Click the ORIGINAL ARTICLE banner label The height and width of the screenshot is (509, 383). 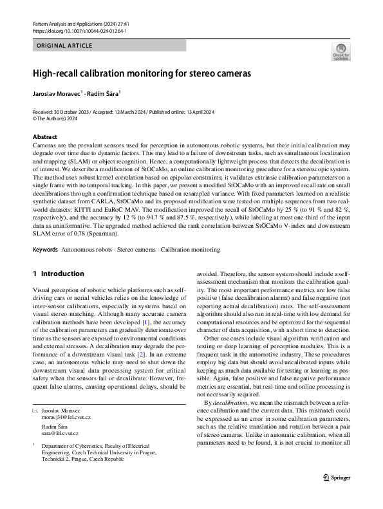click(x=64, y=46)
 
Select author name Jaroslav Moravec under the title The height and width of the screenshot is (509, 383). click(x=56, y=93)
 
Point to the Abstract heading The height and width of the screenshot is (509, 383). click(x=44, y=137)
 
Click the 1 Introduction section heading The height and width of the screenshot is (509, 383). click(x=59, y=273)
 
